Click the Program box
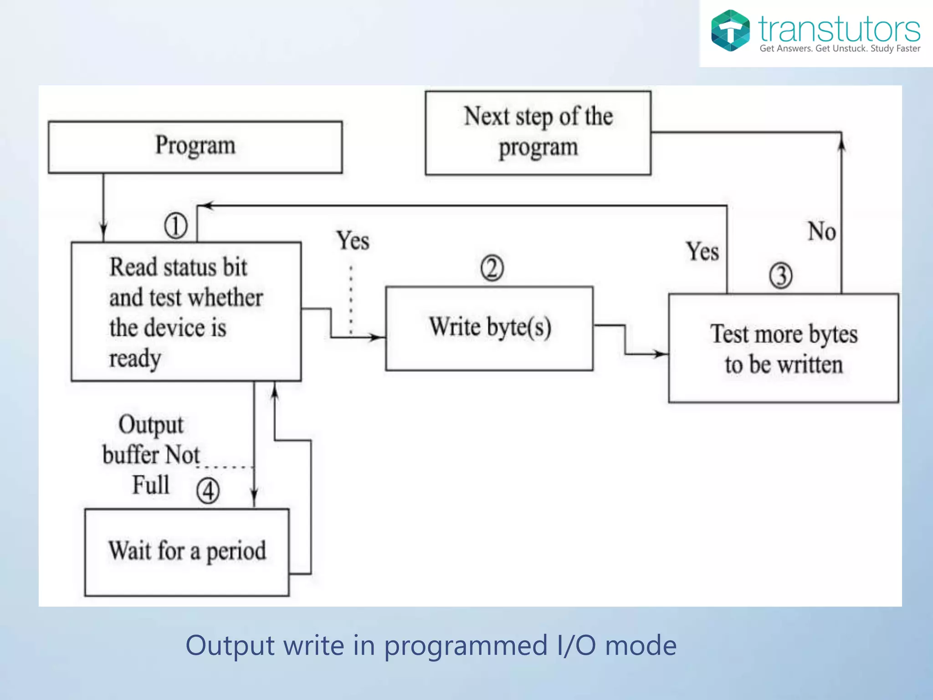(195, 147)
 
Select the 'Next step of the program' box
(538, 133)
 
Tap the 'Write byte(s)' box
(489, 328)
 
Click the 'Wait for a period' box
(187, 552)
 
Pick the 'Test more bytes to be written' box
(784, 349)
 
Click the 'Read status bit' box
(186, 312)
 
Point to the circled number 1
(176, 226)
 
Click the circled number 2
(492, 268)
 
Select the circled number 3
(781, 276)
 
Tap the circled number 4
(208, 491)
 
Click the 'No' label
(821, 231)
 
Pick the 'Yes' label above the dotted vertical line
(353, 241)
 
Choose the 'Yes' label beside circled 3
(702, 252)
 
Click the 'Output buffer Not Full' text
(151, 454)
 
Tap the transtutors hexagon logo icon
(730, 31)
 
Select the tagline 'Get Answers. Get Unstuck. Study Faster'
(840, 48)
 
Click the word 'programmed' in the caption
(466, 646)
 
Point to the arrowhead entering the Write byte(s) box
(379, 337)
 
